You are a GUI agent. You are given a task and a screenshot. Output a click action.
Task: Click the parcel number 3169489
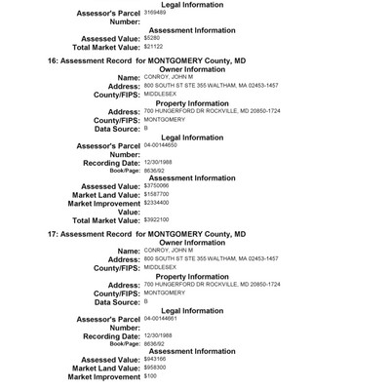(x=156, y=16)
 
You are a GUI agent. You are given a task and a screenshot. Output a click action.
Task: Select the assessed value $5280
(x=152, y=39)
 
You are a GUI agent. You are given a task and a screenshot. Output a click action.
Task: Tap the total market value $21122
(x=154, y=47)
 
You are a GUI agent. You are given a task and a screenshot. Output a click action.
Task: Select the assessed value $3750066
(x=160, y=184)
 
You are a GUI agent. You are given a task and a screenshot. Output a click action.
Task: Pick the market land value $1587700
(x=160, y=193)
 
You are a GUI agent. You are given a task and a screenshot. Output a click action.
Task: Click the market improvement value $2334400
(x=160, y=202)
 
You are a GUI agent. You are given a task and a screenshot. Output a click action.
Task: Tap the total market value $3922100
(x=160, y=219)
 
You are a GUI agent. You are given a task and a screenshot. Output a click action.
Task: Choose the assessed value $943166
(x=158, y=358)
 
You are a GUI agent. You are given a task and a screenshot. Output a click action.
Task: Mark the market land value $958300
(x=158, y=367)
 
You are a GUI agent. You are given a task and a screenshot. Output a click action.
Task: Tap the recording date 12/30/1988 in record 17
(x=159, y=334)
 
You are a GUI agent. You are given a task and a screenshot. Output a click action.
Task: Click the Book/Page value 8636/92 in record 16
(x=155, y=170)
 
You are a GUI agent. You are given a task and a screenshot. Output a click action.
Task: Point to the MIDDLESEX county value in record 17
(x=160, y=266)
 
